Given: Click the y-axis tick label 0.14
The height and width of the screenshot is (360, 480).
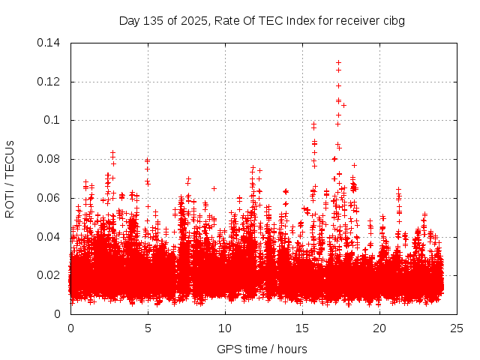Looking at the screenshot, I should pos(50,42).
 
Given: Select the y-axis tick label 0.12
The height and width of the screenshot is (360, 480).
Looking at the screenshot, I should pos(50,81).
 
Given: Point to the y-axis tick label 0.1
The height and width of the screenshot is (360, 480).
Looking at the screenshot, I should pos(54,120).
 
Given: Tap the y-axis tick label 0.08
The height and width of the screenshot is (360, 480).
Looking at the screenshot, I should pos(50,159).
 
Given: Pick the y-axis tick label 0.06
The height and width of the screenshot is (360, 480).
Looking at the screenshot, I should pos(50,198).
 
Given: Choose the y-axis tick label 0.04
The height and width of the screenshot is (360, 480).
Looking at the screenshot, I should pos(50,237).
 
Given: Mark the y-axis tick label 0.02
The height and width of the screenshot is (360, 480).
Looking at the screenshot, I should pos(50,275).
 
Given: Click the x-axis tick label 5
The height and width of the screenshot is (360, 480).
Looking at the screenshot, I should pos(148,328).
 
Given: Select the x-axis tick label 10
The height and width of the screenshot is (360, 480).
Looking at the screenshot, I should pos(225,328).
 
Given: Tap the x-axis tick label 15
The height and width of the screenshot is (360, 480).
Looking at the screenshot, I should pos(302,328).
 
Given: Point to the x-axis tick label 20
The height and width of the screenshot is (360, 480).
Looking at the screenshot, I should pos(379,328).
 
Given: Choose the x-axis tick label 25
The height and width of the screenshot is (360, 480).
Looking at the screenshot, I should pos(457,328).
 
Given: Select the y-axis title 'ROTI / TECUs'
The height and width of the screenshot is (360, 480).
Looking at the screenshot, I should pos(10,178).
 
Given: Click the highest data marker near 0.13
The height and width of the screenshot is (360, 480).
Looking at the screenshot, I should pos(338,63).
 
